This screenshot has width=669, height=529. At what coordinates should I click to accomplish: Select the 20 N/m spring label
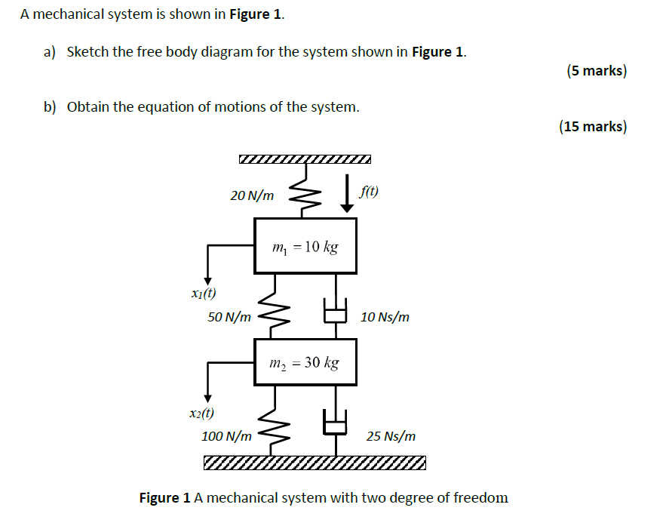click(252, 195)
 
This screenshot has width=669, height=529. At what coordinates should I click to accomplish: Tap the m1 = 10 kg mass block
click(305, 246)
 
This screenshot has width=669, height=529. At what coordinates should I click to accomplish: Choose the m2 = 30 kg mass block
click(305, 363)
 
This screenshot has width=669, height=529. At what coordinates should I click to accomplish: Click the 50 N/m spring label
click(229, 316)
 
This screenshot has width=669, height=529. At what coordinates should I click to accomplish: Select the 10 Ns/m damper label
click(385, 316)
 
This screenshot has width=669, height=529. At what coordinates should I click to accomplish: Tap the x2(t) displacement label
click(202, 413)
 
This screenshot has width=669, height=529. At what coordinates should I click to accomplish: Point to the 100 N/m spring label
click(226, 436)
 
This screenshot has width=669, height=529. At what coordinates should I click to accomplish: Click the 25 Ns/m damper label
click(390, 436)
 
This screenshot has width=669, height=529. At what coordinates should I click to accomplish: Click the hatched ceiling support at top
click(305, 159)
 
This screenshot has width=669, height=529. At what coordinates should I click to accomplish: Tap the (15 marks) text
click(592, 126)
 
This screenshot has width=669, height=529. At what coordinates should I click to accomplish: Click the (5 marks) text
click(596, 71)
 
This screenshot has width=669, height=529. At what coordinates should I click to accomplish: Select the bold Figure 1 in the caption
click(165, 498)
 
